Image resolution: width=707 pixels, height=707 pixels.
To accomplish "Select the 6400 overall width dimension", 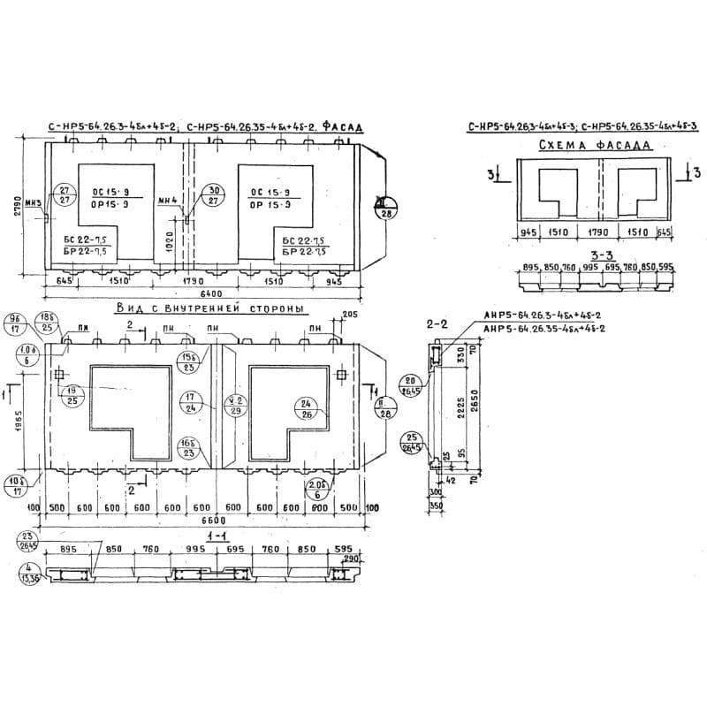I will point(211,293).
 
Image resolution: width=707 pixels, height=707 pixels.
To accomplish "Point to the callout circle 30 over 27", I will point(213,196).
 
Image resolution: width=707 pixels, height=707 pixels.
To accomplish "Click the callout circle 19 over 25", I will point(72,395).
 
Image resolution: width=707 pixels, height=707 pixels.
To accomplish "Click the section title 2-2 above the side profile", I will point(437,326).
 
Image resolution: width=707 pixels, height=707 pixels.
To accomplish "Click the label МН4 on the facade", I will point(168,201).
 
